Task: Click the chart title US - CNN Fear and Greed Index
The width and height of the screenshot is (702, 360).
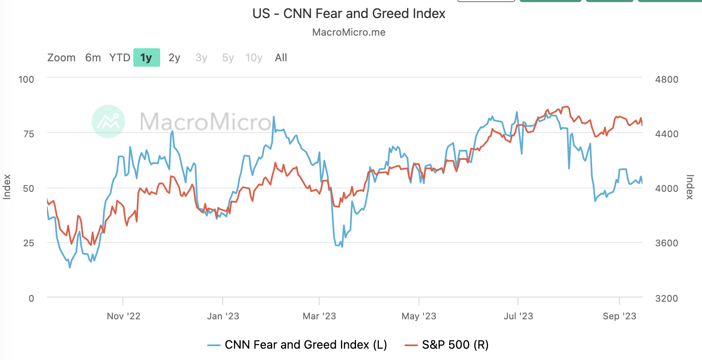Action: click(348, 13)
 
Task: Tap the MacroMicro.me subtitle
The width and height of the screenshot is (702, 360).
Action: click(348, 32)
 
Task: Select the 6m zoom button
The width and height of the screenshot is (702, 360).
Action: click(93, 57)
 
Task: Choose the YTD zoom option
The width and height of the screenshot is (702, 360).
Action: click(120, 57)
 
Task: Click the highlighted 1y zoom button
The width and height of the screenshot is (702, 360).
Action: click(146, 57)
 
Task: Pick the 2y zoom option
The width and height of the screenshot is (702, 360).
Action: click(174, 57)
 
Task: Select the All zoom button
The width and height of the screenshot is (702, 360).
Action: click(281, 57)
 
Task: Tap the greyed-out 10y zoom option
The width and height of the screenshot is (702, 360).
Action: click(254, 57)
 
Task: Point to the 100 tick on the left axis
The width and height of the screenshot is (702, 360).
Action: click(26, 79)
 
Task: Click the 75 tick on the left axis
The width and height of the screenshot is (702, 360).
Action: click(29, 134)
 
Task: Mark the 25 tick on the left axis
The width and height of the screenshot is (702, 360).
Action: click(29, 243)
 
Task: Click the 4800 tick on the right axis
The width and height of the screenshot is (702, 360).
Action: click(666, 79)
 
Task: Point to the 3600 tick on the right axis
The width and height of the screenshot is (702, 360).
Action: click(666, 243)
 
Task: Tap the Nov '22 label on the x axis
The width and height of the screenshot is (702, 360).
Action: click(123, 316)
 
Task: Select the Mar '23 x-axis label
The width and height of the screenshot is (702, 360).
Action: click(319, 316)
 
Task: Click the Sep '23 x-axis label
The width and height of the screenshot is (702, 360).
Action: click(619, 316)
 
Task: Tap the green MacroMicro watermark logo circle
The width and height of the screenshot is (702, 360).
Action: click(108, 121)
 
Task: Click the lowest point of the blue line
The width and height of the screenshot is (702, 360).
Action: click(70, 267)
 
